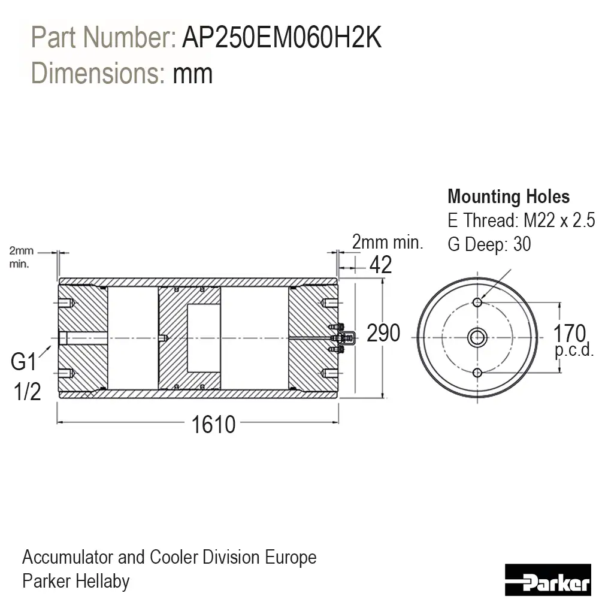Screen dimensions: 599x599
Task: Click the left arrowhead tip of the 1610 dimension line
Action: click(x=58, y=422)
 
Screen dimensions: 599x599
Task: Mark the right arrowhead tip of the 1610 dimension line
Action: click(x=338, y=422)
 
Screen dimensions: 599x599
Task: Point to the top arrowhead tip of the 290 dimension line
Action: click(x=383, y=279)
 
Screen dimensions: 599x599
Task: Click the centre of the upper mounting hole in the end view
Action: click(x=477, y=302)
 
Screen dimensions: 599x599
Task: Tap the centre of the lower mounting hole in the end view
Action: click(x=477, y=373)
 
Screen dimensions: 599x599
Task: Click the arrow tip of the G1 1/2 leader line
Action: click(x=51, y=346)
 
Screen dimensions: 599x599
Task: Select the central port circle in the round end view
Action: click(x=477, y=338)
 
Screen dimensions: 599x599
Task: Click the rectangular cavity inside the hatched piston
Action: click(x=203, y=338)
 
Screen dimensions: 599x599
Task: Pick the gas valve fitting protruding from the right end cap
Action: click(x=343, y=338)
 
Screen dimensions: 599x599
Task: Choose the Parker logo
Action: click(x=548, y=580)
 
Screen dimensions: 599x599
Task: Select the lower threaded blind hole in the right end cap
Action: click(x=329, y=373)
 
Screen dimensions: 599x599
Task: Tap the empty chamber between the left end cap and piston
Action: click(x=132, y=338)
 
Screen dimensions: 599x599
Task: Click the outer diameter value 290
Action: click(x=383, y=332)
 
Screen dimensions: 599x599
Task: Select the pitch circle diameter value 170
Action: click(x=569, y=333)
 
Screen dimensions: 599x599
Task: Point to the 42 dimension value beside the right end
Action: click(x=380, y=265)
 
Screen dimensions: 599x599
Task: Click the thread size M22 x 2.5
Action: click(x=559, y=220)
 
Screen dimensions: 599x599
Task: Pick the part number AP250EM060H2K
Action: click(x=282, y=37)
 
